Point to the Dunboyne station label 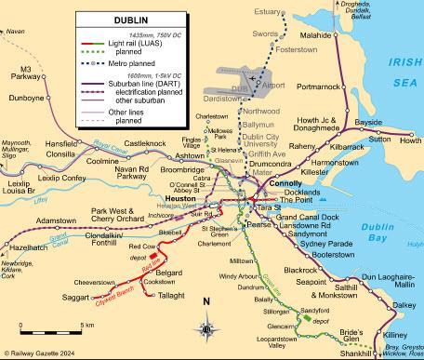(25, 96)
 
